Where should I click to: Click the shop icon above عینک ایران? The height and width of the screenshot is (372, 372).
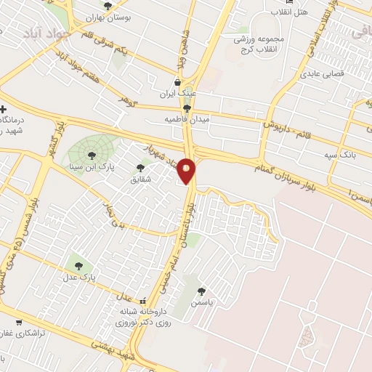pos(178,81)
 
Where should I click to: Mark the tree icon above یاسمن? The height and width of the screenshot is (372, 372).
pos(211,291)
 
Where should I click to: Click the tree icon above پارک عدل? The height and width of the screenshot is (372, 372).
pos(78,266)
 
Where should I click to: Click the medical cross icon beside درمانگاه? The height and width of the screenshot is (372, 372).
pos(5,109)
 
